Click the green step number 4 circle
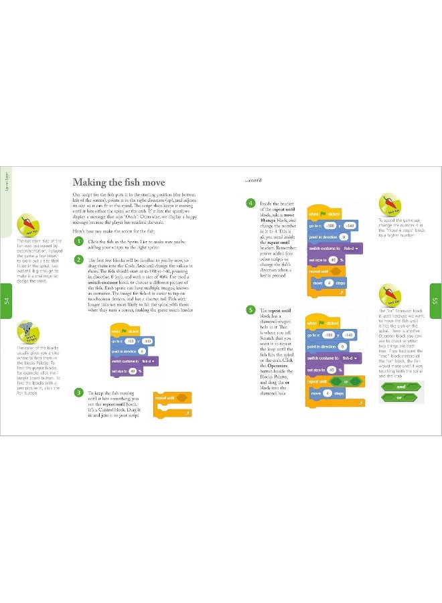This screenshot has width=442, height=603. [250, 203]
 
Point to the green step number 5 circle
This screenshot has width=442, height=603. [250, 310]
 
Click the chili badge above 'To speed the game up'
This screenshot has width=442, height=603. [389, 202]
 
